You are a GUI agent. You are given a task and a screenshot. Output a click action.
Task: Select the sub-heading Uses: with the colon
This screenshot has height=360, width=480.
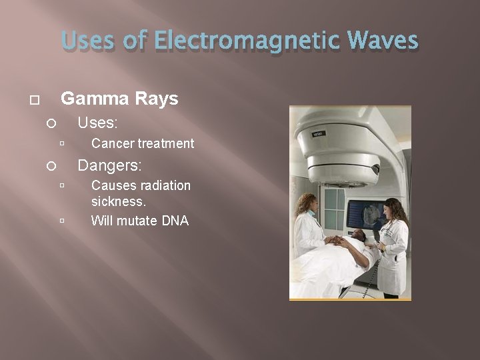(x=97, y=123)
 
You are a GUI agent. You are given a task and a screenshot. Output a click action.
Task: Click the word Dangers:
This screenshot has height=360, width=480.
(x=110, y=164)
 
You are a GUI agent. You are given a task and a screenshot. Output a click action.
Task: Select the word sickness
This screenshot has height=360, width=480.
(x=118, y=201)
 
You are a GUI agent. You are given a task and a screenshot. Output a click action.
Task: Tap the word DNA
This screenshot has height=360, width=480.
(x=175, y=220)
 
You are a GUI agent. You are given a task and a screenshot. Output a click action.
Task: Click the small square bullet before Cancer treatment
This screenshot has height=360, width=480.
(x=61, y=143)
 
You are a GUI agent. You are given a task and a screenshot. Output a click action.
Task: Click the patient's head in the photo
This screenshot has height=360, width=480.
(x=359, y=236)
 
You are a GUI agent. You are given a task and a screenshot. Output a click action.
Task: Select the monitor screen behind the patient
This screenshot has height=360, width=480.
(x=365, y=215)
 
